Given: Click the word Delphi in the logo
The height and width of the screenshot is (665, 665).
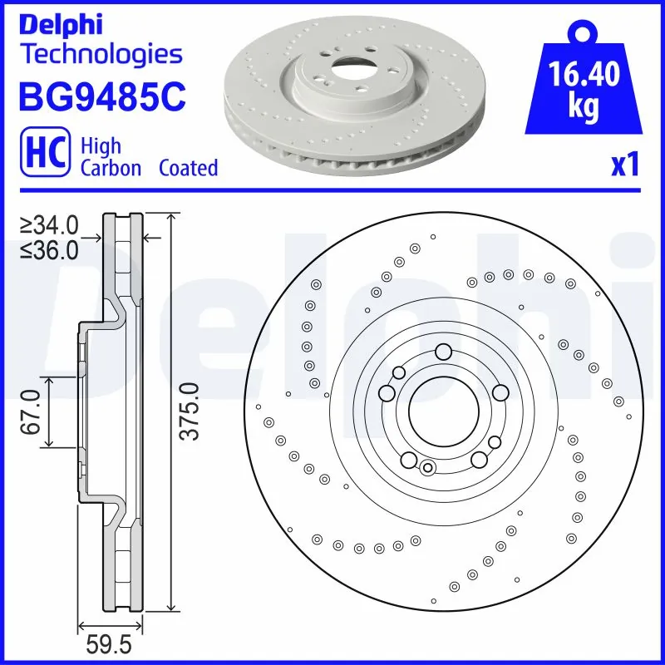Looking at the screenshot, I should pyautogui.click(x=60, y=24).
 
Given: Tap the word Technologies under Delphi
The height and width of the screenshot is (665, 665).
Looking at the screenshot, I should pyautogui.click(x=100, y=55).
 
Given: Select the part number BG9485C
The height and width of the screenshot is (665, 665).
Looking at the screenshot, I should pyautogui.click(x=101, y=96).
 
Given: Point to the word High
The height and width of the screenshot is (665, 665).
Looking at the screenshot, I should pyautogui.click(x=101, y=145).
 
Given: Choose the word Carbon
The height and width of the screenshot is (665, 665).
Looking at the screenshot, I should pyautogui.click(x=111, y=168).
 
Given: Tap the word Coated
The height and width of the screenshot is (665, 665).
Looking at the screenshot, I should pyautogui.click(x=188, y=168).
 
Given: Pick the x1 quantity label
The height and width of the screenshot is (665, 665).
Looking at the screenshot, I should pyautogui.click(x=624, y=165).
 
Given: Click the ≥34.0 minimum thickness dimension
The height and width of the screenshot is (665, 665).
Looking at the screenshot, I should pyautogui.click(x=50, y=224).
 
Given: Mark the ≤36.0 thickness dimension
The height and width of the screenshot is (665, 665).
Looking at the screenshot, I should pyautogui.click(x=50, y=249).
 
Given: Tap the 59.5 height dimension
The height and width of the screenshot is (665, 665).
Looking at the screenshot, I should pyautogui.click(x=111, y=644).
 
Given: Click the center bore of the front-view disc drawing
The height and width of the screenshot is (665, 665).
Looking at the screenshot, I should pyautogui.click(x=443, y=411).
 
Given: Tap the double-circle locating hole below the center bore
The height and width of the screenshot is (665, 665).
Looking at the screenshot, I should pyautogui.click(x=427, y=467).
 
